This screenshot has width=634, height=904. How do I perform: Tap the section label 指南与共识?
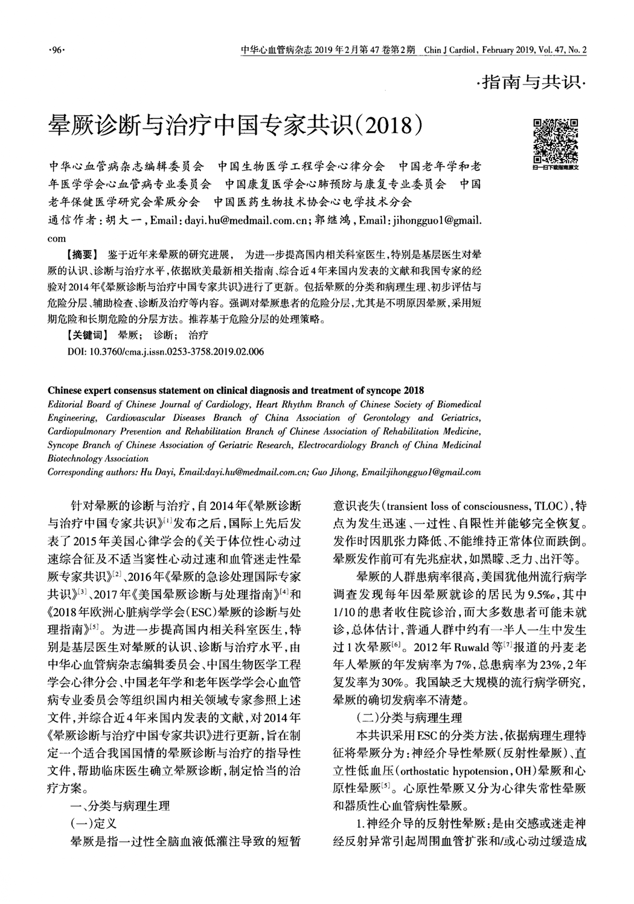click(x=532, y=82)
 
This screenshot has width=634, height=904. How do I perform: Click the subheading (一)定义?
click(x=94, y=822)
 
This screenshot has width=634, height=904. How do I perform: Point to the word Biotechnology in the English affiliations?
click(x=77, y=459)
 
